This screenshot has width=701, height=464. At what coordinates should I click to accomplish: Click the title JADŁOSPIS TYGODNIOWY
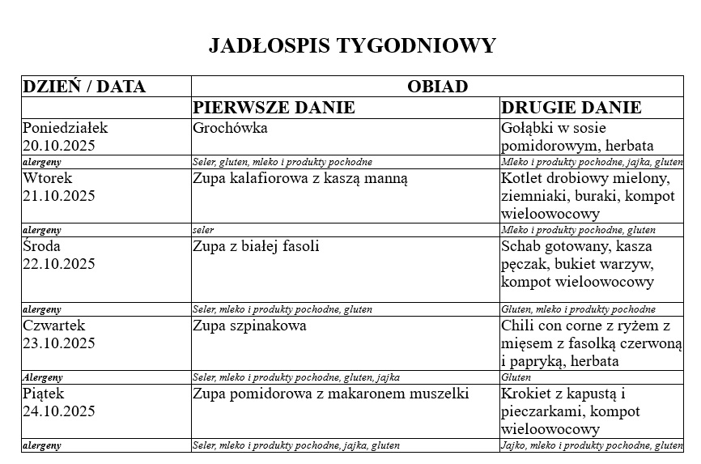point(351,45)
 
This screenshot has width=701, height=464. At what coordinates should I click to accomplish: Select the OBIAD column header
point(437,87)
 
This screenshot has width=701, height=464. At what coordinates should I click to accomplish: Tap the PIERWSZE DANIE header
point(274,108)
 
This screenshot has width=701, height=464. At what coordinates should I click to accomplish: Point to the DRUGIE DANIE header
point(571,108)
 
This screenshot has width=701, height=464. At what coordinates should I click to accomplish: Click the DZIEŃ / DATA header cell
point(84,87)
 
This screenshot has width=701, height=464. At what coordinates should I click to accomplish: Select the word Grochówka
point(230,128)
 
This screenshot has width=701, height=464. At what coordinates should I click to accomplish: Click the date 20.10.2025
point(59,146)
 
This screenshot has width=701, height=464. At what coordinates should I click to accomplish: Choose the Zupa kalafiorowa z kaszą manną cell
point(300,178)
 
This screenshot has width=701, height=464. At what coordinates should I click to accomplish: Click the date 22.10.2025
point(59,264)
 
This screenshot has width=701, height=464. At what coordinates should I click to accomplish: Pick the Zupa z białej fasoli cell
point(256,246)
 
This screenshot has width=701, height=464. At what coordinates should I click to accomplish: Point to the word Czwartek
point(53,326)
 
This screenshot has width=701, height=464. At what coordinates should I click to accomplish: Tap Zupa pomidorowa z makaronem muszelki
point(331,394)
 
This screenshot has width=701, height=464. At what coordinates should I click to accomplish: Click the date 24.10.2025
point(59,411)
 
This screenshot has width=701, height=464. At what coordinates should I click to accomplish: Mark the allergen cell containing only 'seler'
point(203,230)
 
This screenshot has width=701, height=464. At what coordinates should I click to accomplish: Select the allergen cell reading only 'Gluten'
point(516,377)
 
